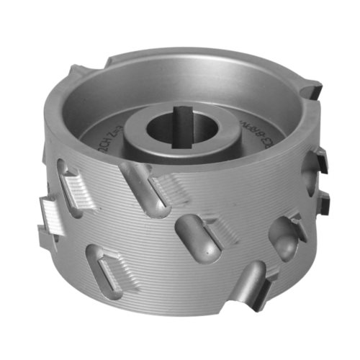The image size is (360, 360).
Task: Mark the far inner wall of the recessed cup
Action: click(x=180, y=68)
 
